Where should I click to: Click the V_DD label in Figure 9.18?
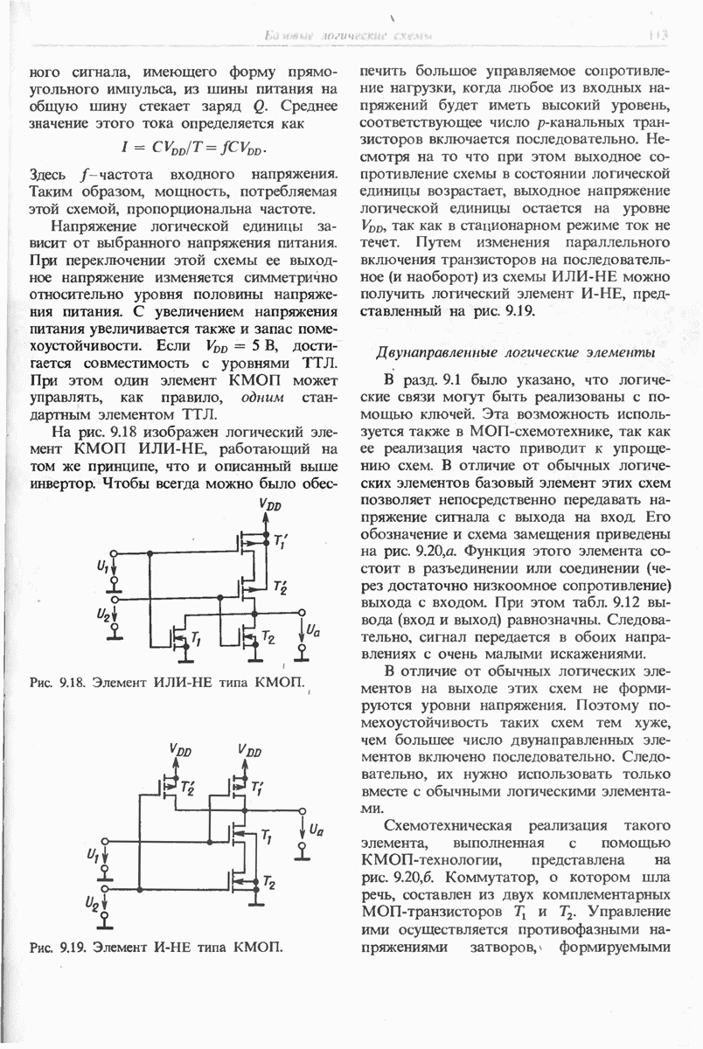pyautogui.click(x=270, y=505)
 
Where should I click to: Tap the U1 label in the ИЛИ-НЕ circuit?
pyautogui.click(x=102, y=570)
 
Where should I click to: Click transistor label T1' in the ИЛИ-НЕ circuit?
pyautogui.click(x=282, y=543)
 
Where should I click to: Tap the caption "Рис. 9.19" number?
pyautogui.click(x=71, y=946)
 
